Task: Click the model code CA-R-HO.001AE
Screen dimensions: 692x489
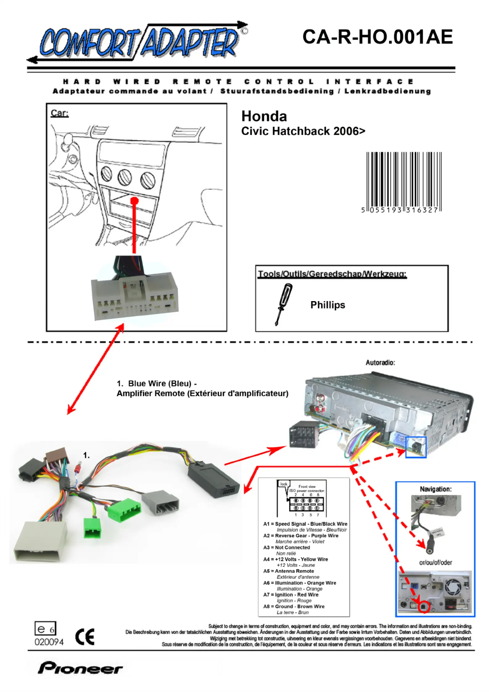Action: pos(377,37)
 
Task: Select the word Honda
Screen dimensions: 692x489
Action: pos(264,116)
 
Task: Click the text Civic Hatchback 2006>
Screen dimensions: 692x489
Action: pos(303,131)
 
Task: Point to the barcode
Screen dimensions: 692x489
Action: pos(404,182)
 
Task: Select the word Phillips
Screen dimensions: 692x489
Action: pos(328,305)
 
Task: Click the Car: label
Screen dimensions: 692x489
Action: pos(59,113)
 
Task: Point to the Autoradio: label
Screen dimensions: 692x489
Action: pos(380,362)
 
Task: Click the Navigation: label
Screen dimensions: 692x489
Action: pos(435,489)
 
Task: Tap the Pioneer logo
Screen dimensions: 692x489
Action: pos(80,668)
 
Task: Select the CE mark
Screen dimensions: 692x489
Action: pos(85,637)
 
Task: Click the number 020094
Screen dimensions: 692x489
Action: pos(49,642)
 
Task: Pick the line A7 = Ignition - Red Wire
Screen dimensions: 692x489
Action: pos(291,595)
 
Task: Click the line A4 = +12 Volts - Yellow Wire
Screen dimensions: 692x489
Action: pos(295,559)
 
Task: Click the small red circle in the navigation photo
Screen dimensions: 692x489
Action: pos(424,607)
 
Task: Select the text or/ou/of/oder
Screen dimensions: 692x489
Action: pos(435,563)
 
